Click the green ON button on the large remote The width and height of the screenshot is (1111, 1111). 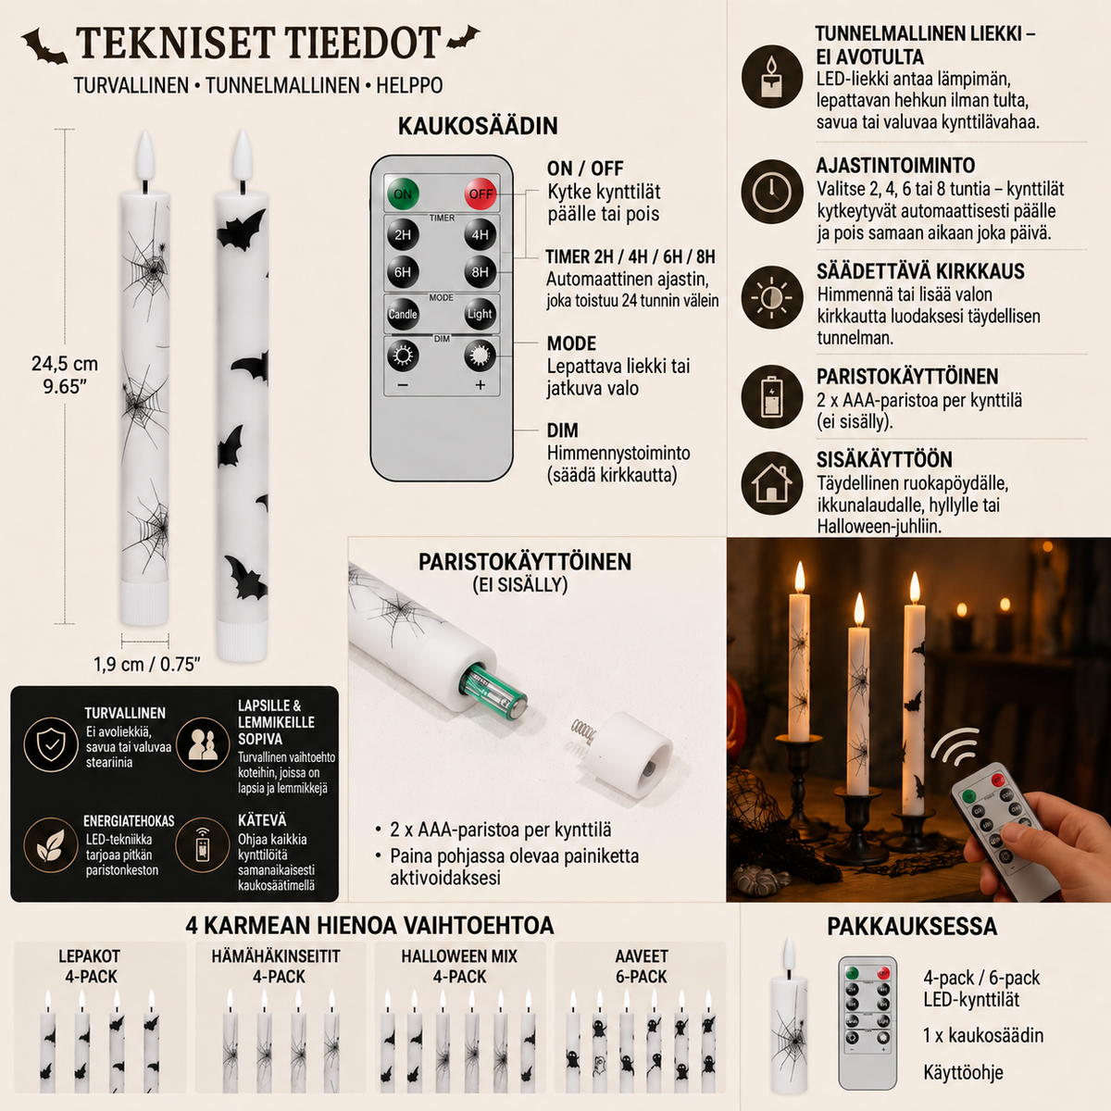[x=403, y=193]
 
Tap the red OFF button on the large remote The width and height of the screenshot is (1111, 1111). [x=481, y=193]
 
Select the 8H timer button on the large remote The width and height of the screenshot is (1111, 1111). [x=480, y=272]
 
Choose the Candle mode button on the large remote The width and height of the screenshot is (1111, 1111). [x=403, y=314]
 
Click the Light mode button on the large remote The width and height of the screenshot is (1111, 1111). [x=480, y=314]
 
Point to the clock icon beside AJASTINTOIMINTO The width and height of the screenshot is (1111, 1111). [x=772, y=192]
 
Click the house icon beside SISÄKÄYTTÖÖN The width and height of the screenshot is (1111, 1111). [x=772, y=483]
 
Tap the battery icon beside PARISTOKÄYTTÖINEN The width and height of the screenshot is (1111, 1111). [x=772, y=396]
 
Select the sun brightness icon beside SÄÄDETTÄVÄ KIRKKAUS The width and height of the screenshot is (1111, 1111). [x=772, y=297]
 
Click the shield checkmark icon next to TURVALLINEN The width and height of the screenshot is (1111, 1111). [x=51, y=744]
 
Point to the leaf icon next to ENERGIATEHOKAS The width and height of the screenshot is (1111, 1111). [x=51, y=844]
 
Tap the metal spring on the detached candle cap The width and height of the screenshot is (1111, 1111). [x=583, y=731]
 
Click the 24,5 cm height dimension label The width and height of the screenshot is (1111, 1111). [x=65, y=375]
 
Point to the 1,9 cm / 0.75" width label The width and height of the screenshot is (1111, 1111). [x=147, y=664]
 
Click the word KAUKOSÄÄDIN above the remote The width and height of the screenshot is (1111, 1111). [x=478, y=126]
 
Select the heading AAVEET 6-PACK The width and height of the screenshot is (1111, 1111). [x=641, y=967]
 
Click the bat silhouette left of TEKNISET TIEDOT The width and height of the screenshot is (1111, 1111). [x=44, y=46]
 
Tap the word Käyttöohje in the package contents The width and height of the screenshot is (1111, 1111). [x=964, y=1072]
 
